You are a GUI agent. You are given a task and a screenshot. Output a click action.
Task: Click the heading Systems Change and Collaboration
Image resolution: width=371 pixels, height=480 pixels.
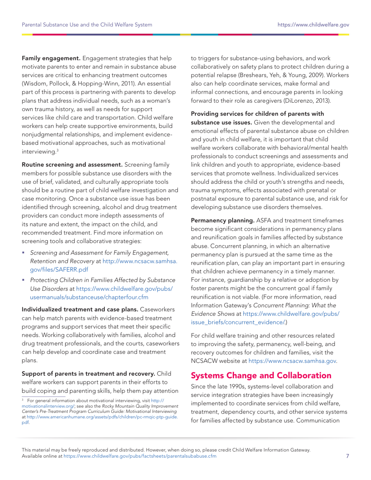tap(261, 375)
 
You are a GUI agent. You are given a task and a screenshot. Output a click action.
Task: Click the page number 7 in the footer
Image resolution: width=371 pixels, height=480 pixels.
tap(347, 456)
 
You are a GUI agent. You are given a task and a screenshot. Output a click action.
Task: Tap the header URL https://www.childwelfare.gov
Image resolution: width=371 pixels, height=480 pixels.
tap(313, 25)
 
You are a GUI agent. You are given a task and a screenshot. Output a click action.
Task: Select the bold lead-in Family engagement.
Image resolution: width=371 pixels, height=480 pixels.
tap(51, 59)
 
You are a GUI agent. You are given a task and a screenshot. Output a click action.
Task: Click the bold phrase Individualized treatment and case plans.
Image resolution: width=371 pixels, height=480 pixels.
tap(74, 309)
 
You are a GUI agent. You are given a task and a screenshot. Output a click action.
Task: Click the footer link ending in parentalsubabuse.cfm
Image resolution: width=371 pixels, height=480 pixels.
tap(140, 456)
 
